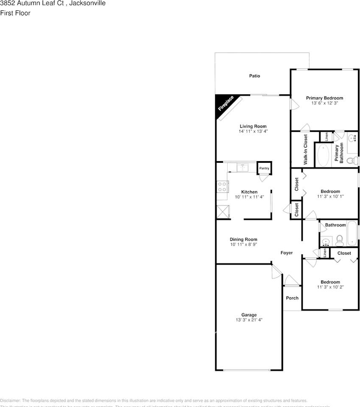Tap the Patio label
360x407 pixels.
pyautogui.click(x=254, y=76)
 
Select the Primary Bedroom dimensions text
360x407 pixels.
pyautogui.click(x=324, y=103)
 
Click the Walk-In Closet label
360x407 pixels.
pyautogui.click(x=305, y=149)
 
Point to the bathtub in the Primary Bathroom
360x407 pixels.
pyautogui.click(x=324, y=156)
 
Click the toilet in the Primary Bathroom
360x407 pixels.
pyautogui.click(x=351, y=161)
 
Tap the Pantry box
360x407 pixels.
pyautogui.click(x=264, y=168)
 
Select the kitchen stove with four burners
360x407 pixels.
pyautogui.click(x=222, y=187)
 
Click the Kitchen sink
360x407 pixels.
pyautogui.click(x=243, y=167)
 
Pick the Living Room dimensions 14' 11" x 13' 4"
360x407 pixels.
pyautogui.click(x=253, y=131)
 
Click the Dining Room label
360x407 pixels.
pyautogui.click(x=243, y=240)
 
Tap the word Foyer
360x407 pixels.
pyautogui.click(x=287, y=253)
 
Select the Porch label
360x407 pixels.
pyautogui.click(x=292, y=298)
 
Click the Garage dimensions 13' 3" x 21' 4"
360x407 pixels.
pyautogui.click(x=249, y=320)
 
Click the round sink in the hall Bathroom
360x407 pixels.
pyautogui.click(x=326, y=243)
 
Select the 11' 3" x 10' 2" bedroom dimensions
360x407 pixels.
pyautogui.click(x=330, y=287)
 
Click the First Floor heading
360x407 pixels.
pyautogui.click(x=15, y=13)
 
